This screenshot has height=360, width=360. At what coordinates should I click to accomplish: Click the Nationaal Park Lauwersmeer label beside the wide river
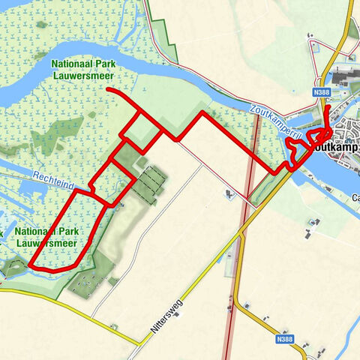[88, 69]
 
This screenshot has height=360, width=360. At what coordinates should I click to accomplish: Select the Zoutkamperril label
[274, 120]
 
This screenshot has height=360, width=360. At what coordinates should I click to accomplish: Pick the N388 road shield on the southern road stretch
[284, 339]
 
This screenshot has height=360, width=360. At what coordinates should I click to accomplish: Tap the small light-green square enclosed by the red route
[142, 133]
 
